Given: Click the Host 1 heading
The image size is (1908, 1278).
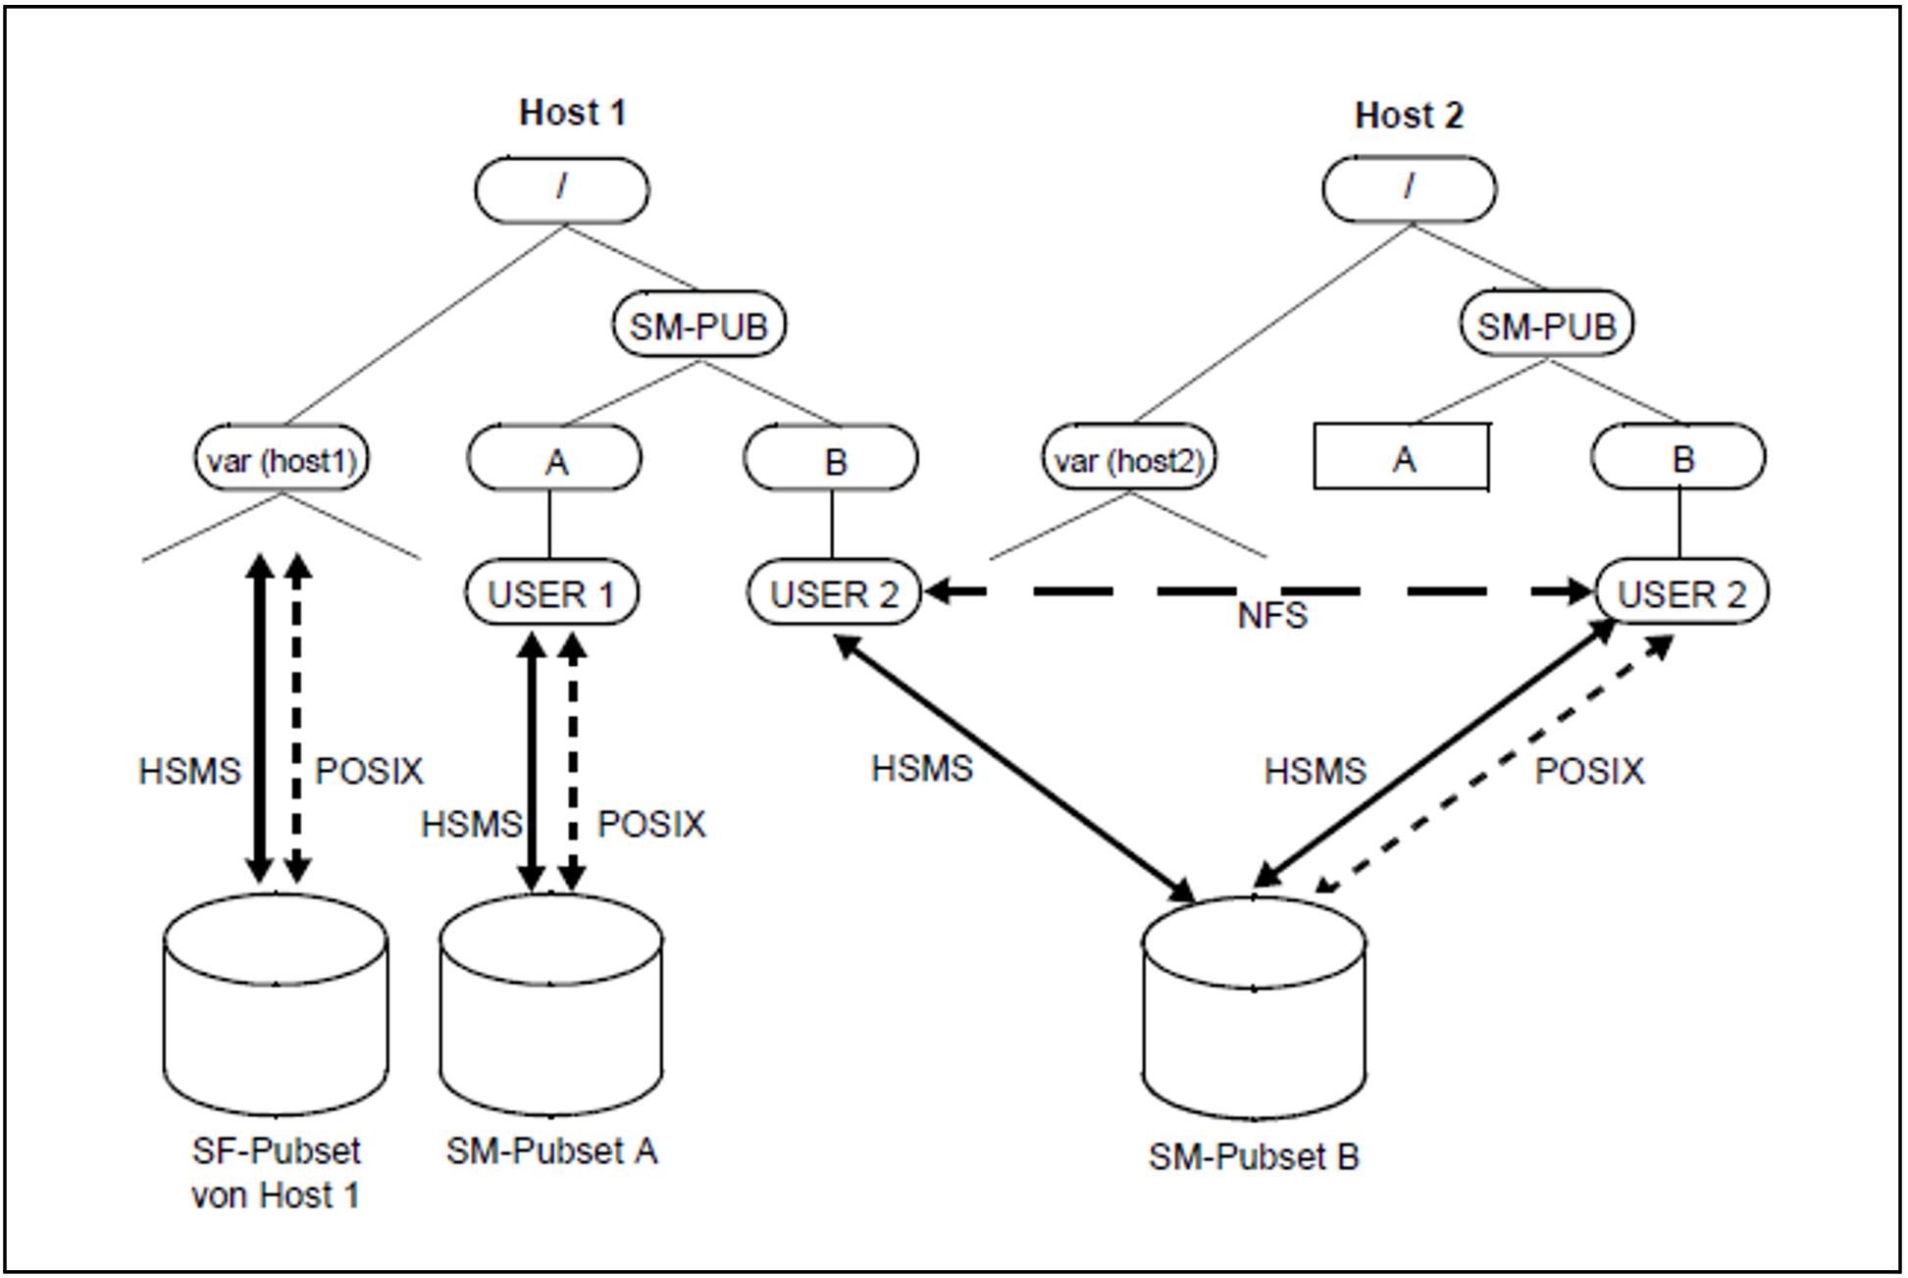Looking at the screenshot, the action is pyautogui.click(x=572, y=113).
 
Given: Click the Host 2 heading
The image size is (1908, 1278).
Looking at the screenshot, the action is pyautogui.click(x=1409, y=116).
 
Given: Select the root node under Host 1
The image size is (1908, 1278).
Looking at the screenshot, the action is pyautogui.click(x=562, y=190).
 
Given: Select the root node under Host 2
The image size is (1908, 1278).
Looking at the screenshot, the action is pyautogui.click(x=1410, y=188).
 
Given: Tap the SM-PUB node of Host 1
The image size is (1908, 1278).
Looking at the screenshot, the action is pyautogui.click(x=698, y=326).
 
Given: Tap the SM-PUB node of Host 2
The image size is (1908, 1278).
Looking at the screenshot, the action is pyautogui.click(x=1547, y=325).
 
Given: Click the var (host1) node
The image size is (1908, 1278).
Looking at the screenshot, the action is pyautogui.click(x=282, y=459).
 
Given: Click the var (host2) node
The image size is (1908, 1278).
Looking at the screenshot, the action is pyautogui.click(x=1129, y=459).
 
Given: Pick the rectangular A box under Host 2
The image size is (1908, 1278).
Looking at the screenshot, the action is pyautogui.click(x=1402, y=457).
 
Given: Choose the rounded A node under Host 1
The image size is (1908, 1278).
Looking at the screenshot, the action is pyautogui.click(x=554, y=459).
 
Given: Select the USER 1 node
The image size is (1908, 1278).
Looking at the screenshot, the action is pyautogui.click(x=551, y=593).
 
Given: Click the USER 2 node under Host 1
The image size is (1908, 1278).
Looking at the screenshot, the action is pyautogui.click(x=834, y=593).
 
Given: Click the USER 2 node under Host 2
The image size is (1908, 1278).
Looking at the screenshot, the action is pyautogui.click(x=1682, y=592).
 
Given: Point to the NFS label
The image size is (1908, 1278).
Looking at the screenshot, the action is pyautogui.click(x=1272, y=616).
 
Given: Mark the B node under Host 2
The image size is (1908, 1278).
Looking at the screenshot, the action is pyautogui.click(x=1678, y=457).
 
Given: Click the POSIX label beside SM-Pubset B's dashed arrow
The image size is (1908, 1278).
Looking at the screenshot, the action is pyautogui.click(x=1589, y=772).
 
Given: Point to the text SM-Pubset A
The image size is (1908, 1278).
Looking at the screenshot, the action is pyautogui.click(x=551, y=1151).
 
